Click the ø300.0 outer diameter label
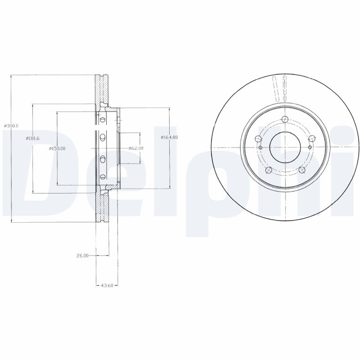pyautogui.click(x=11, y=126)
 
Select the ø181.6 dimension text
pyautogui.click(x=32, y=138)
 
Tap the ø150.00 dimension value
pyautogui.click(x=57, y=148)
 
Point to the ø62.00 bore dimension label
pyautogui.click(x=136, y=148)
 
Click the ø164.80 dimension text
pyautogui.click(x=170, y=137)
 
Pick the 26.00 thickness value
pyautogui.click(x=82, y=256)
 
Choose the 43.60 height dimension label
pyautogui.click(x=107, y=286)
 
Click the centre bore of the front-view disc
pyautogui.click(x=285, y=147)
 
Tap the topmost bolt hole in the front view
pyautogui.click(x=285, y=119)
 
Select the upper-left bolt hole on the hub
pyautogui.click(x=258, y=139)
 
